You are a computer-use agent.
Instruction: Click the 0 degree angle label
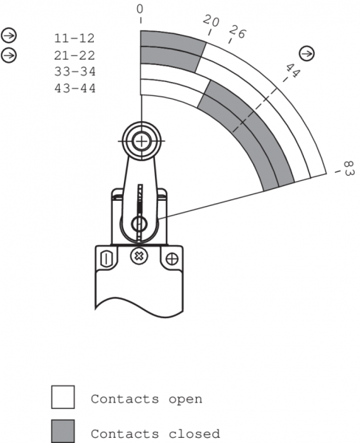coord(139,10)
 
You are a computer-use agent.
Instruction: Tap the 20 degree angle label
coord(211,21)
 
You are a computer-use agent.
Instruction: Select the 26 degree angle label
coord(238,32)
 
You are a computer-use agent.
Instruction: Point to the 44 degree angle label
coord(293,70)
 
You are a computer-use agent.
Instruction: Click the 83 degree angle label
coord(349,168)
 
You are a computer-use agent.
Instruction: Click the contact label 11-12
coord(75,38)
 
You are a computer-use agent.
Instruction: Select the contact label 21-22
coord(75,55)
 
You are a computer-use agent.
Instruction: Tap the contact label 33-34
coord(75,72)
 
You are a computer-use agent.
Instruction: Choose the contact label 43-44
coord(75,88)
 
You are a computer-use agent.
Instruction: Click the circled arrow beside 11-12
coord(9,36)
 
